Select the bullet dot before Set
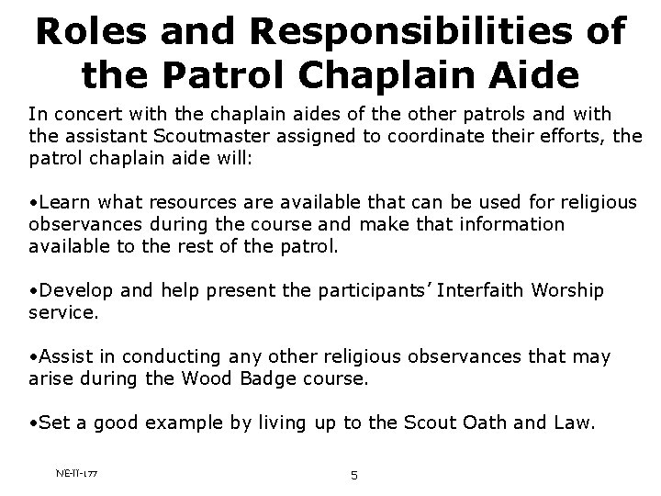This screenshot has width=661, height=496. coord(32,423)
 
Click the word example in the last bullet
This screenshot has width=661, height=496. coord(158,423)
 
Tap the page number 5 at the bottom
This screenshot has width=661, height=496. coord(353,475)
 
